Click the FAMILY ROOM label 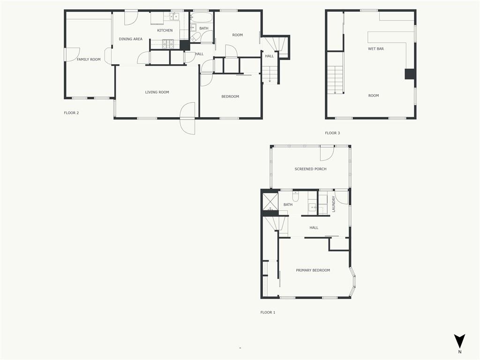89,60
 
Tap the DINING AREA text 130,39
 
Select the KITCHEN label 165,30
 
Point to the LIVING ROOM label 157,92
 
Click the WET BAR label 375,49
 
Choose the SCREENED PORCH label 310,169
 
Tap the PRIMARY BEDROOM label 313,270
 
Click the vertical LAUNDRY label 334,204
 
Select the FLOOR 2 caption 71,113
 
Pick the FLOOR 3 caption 332,133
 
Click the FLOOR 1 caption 268,313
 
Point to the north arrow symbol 459,341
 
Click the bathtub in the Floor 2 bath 201,17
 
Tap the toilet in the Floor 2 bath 195,37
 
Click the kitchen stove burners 168,45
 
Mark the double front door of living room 187,118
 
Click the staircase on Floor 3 335,80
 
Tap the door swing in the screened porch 327,154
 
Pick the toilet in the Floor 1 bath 295,196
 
